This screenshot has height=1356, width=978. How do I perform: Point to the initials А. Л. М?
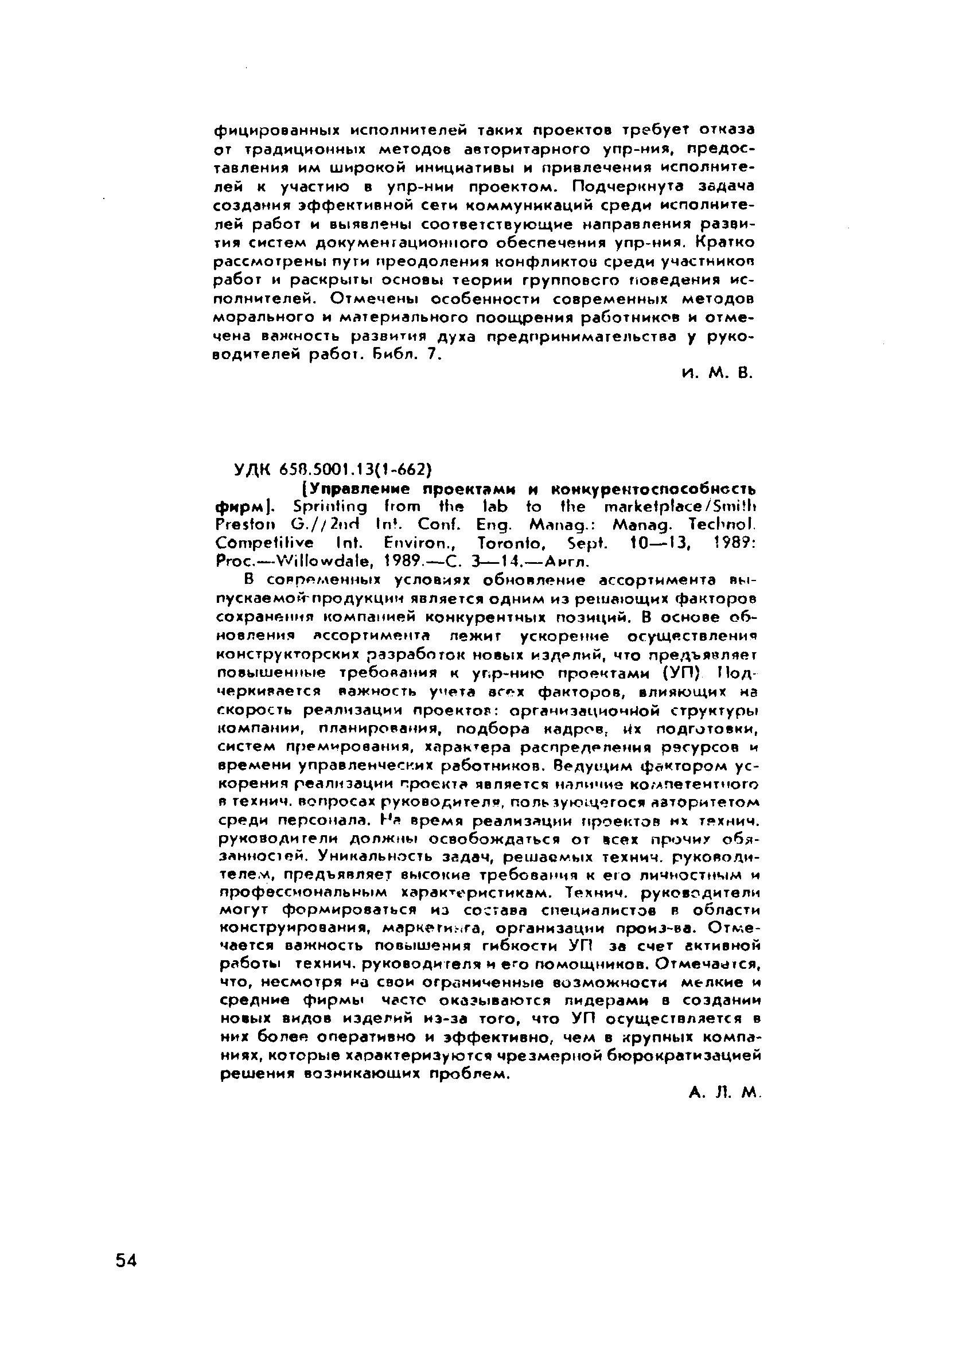(x=723, y=1093)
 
